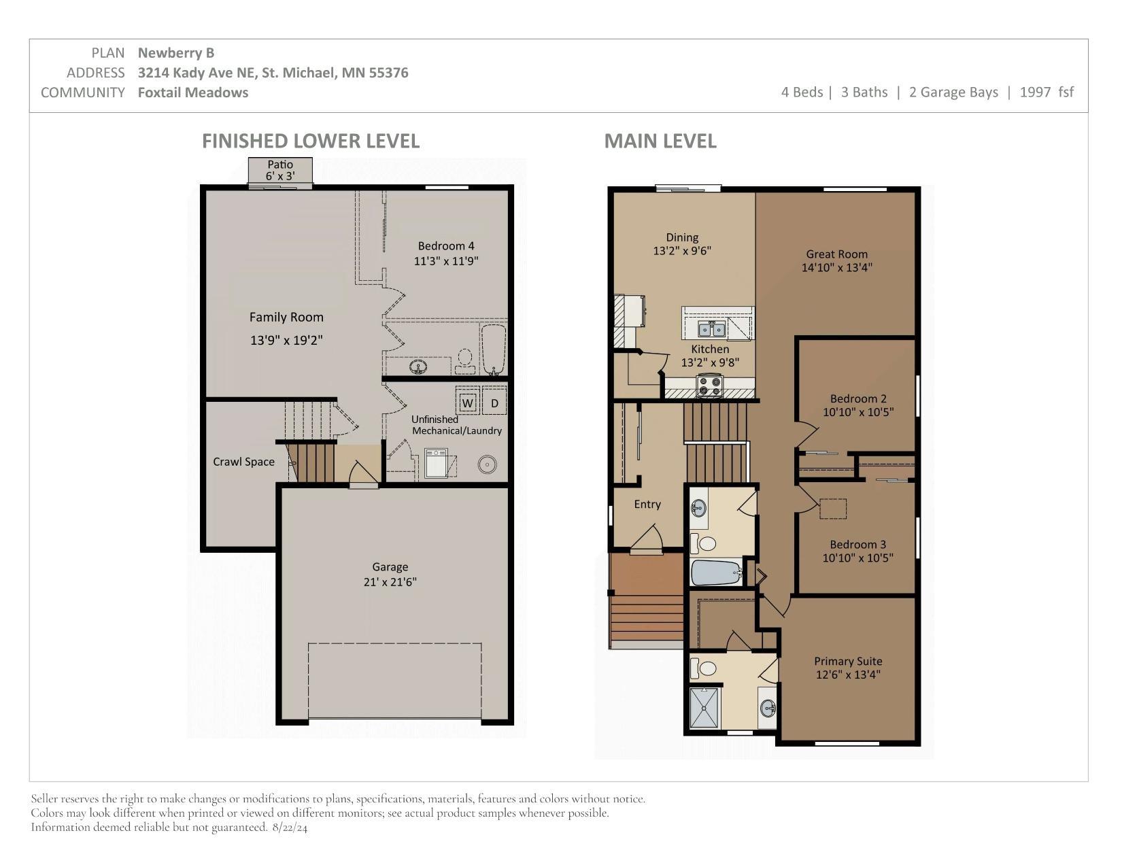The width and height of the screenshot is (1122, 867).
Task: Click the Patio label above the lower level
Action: click(x=280, y=164)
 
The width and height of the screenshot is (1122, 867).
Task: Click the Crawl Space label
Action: click(x=243, y=462)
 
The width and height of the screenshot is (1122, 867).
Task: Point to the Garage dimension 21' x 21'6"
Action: click(x=390, y=582)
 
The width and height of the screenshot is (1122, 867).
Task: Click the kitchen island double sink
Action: click(x=712, y=328)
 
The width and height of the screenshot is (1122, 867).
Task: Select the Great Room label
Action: click(x=837, y=254)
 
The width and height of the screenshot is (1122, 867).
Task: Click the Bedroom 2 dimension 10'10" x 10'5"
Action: click(x=858, y=412)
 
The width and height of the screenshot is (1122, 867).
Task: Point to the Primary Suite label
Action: click(x=849, y=661)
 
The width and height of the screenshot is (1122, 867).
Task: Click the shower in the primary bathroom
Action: click(x=704, y=707)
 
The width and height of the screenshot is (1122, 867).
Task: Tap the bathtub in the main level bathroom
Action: click(x=717, y=573)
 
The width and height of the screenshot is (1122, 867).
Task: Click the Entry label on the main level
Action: click(x=647, y=505)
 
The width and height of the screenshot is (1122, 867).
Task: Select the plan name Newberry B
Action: click(x=176, y=52)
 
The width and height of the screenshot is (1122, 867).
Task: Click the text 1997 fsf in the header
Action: click(x=1047, y=92)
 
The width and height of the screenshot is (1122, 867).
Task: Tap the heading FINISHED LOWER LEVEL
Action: click(x=311, y=141)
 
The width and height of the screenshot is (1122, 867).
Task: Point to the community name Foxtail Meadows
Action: click(x=193, y=92)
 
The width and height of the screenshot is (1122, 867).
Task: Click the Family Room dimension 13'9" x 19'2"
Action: click(x=286, y=340)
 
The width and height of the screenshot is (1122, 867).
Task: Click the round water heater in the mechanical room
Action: click(x=487, y=464)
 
